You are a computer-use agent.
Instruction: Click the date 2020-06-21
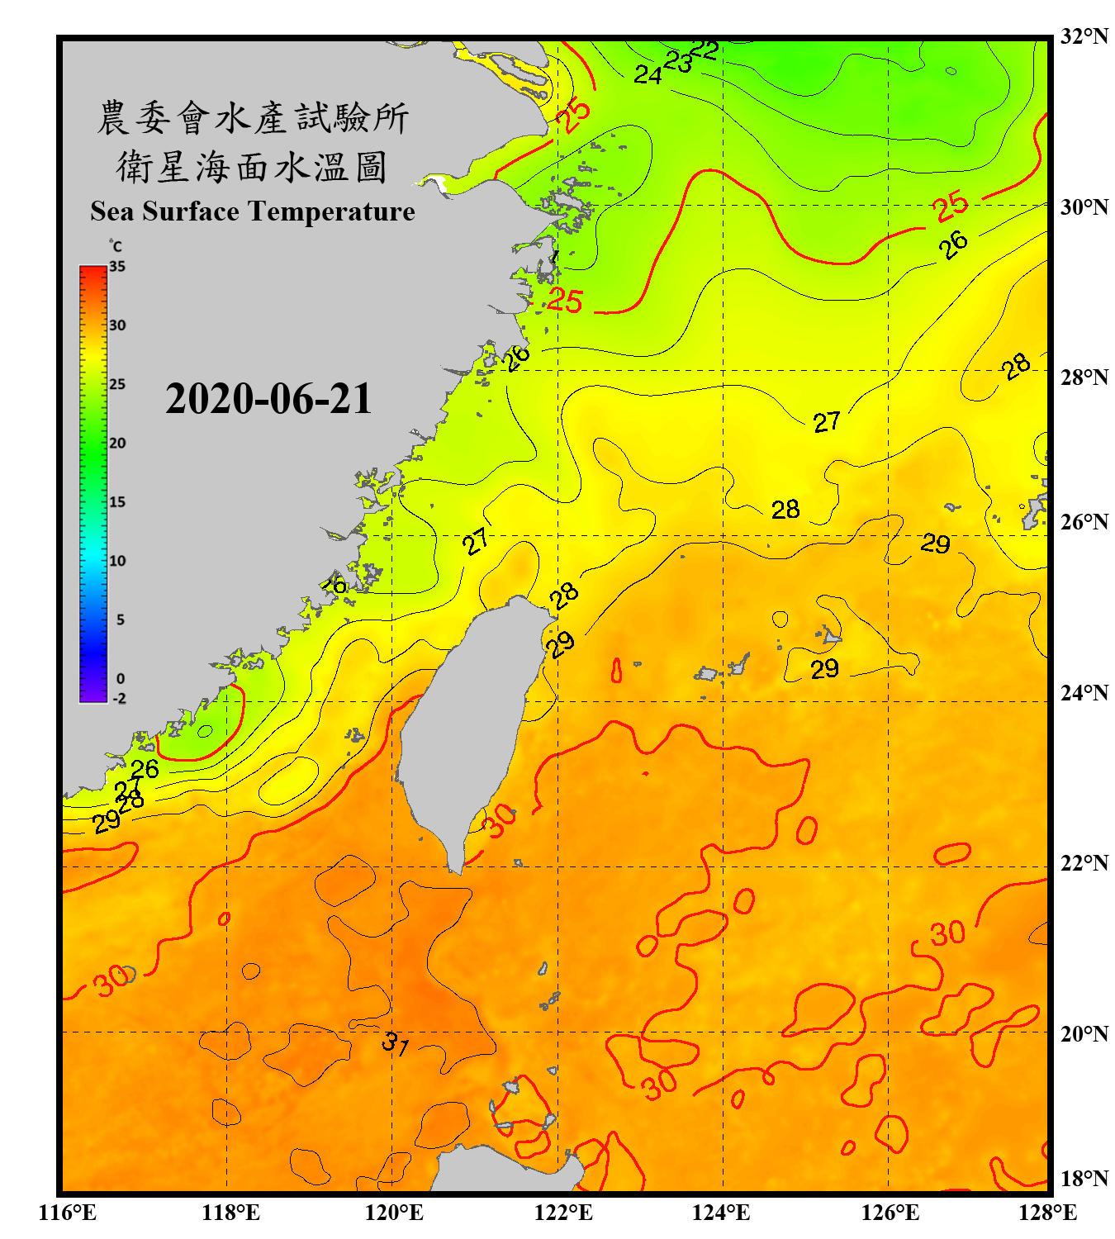coord(268,399)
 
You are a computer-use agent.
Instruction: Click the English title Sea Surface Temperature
coord(253,211)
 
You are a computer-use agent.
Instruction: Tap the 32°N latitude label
coord(1084,36)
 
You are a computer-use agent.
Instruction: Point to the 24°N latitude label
coord(1084,692)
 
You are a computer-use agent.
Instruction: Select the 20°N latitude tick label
coord(1084,1033)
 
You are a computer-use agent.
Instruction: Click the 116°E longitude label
coord(68,1213)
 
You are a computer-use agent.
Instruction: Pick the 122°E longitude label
coord(563,1213)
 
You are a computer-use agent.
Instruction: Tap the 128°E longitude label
coord(1047,1213)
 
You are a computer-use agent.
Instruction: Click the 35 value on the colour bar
coord(117,267)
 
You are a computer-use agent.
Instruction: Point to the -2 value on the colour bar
coord(119,699)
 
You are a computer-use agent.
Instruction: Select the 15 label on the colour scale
coord(117,502)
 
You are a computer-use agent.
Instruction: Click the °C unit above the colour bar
coord(116,246)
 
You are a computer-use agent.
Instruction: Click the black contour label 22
coord(704,50)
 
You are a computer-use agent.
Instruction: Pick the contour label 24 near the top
coord(648,75)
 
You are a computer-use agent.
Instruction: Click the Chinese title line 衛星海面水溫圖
coord(252,168)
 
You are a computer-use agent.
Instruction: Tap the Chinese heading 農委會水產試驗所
coord(253,118)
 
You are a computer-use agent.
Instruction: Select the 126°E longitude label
coord(890,1213)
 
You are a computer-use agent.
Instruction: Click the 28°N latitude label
coord(1084,377)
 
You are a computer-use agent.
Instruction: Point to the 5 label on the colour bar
coord(121,619)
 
